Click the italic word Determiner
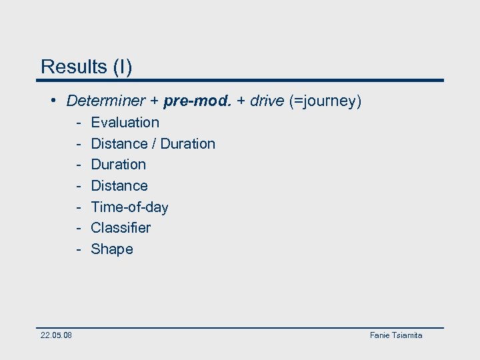click(105, 101)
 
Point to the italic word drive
click(267, 101)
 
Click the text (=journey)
click(325, 101)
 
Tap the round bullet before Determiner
click(53, 101)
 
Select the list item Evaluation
click(125, 123)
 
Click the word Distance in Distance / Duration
click(119, 144)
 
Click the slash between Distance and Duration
click(154, 144)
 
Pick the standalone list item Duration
click(118, 165)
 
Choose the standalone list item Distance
click(119, 186)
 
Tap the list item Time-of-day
click(129, 207)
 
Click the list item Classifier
click(121, 228)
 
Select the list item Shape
click(111, 249)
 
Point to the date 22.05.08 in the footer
click(56, 335)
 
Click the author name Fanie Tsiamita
click(396, 335)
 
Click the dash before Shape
click(78, 249)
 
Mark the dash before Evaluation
click(78, 123)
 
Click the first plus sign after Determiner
click(154, 101)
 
